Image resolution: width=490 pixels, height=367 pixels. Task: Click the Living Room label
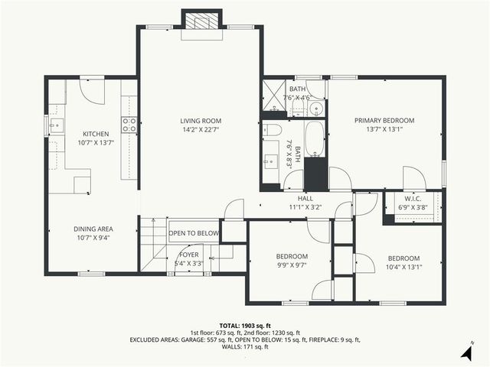click(201, 121)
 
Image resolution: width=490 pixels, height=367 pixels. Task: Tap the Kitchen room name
click(96, 133)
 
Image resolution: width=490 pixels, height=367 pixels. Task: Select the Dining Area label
click(93, 229)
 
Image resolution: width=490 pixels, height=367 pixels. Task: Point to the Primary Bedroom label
click(384, 121)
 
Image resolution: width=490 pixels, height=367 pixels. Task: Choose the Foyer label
click(189, 254)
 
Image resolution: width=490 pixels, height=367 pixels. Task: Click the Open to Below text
click(194, 233)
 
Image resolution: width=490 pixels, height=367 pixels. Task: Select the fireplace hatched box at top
click(201, 21)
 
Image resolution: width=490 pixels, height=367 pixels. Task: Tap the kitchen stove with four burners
click(129, 125)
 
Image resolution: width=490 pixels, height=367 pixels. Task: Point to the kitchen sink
click(54, 125)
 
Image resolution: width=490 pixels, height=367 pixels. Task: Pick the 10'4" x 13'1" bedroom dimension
click(404, 267)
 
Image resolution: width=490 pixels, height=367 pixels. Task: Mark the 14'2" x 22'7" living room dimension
click(201, 130)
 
